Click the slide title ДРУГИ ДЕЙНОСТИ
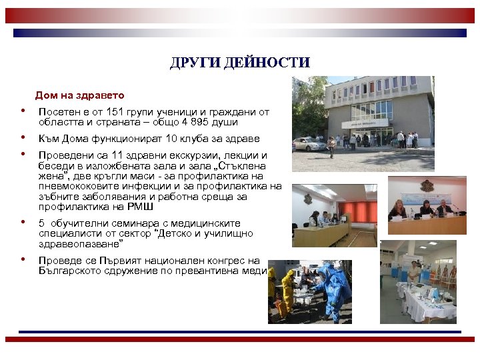coord(239,63)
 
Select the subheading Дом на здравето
coord(79,95)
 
